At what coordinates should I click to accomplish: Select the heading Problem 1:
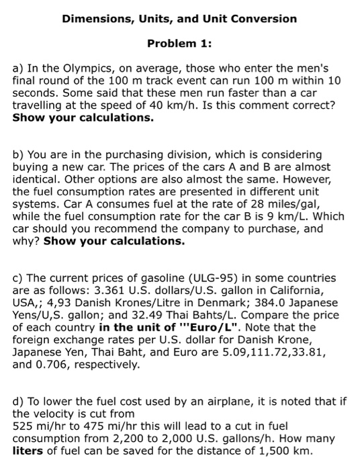[179, 44]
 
